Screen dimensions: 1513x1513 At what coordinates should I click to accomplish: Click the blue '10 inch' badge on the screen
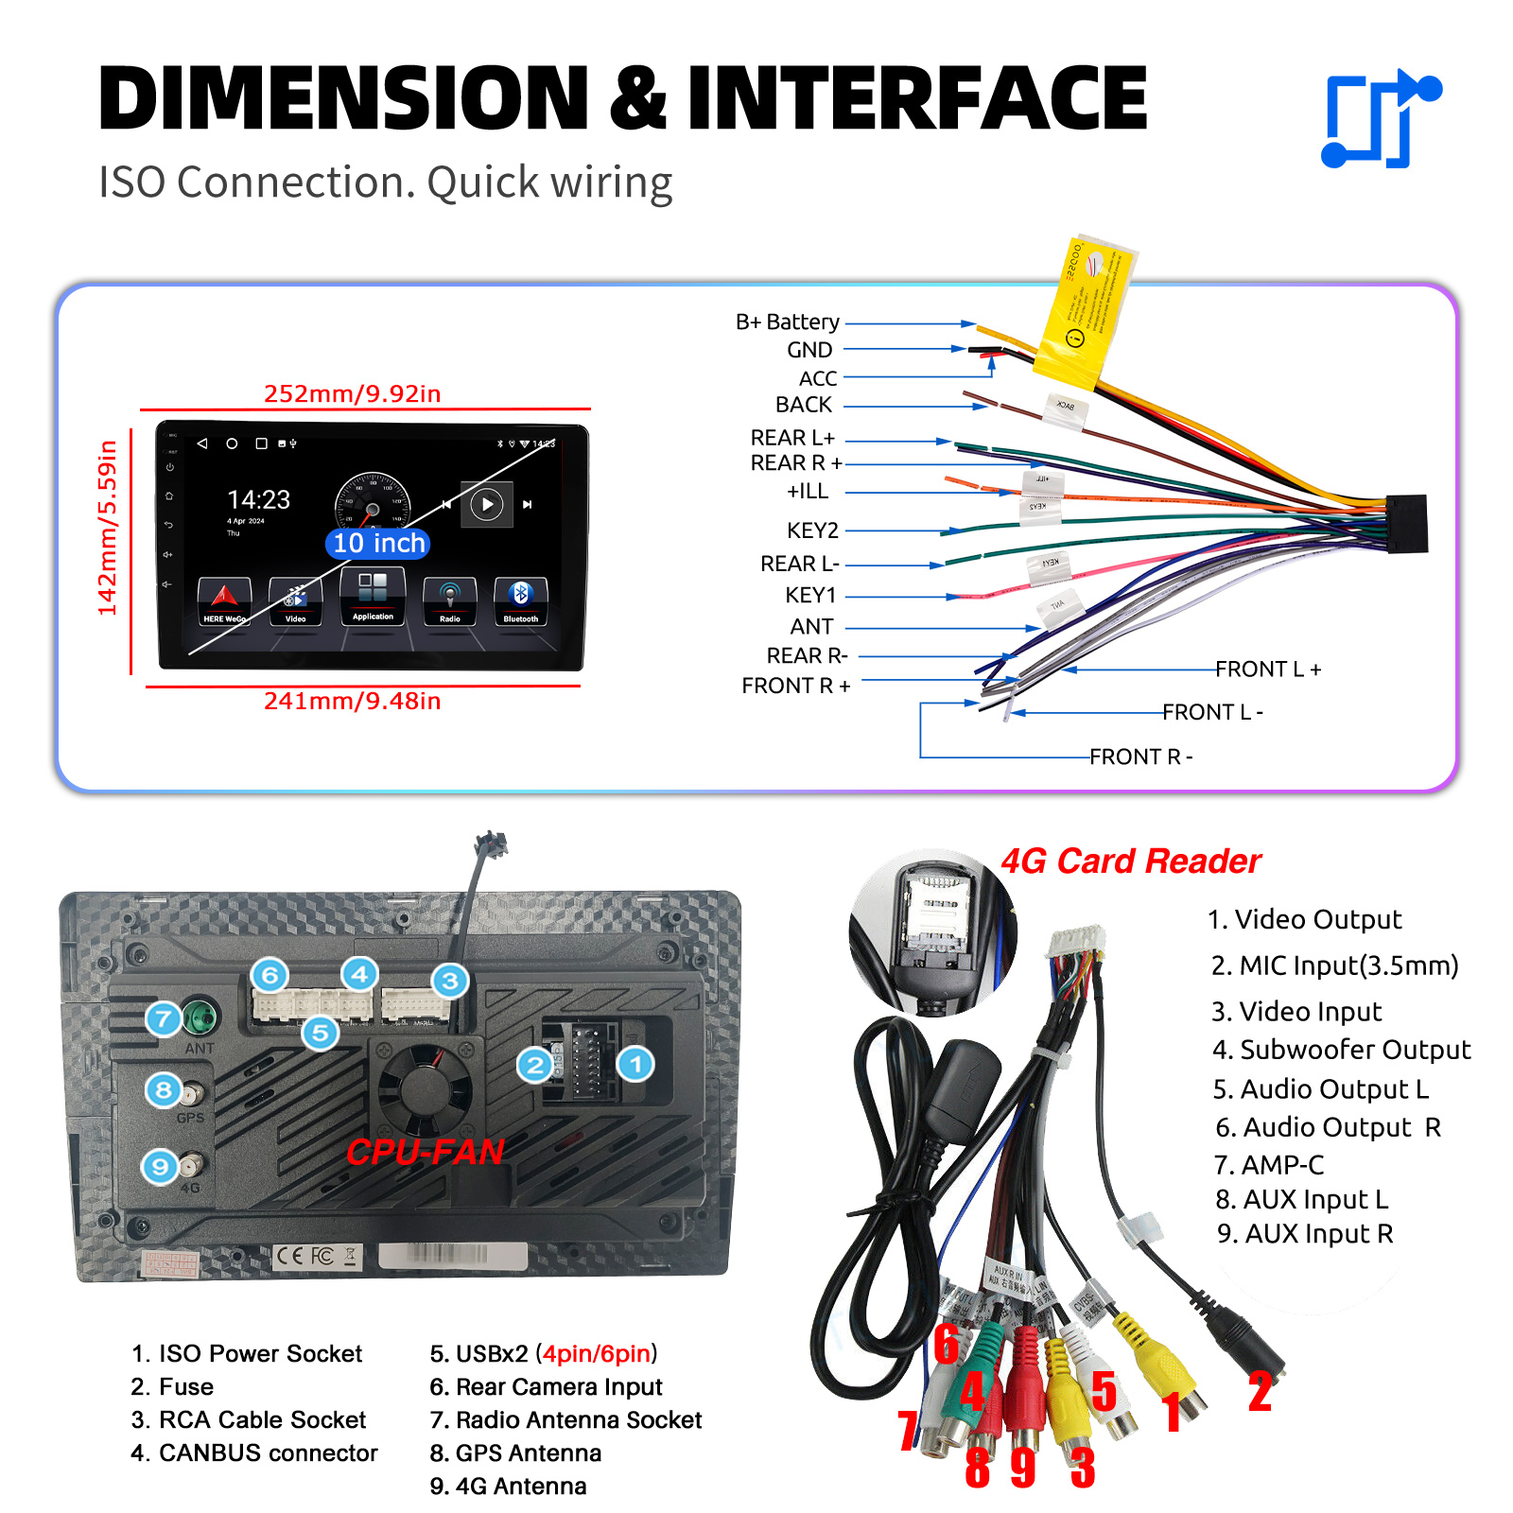pos(378,543)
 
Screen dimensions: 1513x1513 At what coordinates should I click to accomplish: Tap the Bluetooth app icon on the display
pos(520,600)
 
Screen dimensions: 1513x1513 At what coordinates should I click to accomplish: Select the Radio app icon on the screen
pos(449,600)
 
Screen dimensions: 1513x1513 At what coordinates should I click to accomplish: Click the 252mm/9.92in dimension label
pos(352,393)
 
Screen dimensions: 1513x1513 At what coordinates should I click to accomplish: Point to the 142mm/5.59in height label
pos(108,528)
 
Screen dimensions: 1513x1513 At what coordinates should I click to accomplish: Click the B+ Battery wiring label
pos(787,322)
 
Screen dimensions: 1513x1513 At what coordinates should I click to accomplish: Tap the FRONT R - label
pos(1140,756)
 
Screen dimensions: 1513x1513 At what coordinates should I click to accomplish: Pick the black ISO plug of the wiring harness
pos(1406,523)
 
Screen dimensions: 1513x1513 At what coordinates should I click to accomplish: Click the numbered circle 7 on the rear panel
pos(163,1018)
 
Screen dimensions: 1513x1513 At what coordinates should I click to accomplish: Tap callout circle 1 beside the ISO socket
pos(635,1065)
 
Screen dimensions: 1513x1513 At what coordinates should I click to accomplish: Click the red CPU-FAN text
pos(425,1152)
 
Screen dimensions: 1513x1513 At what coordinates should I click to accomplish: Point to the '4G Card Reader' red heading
pos(1130,861)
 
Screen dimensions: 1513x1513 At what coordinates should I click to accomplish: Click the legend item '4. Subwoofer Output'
pos(1341,1050)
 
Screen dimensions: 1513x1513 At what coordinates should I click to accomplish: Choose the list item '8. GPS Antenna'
pos(515,1452)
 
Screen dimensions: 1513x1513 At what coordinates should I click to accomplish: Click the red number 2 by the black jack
pos(1260,1392)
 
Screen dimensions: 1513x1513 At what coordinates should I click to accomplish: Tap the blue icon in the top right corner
pos(1380,119)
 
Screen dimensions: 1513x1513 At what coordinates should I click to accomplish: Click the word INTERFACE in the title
pos(916,97)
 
